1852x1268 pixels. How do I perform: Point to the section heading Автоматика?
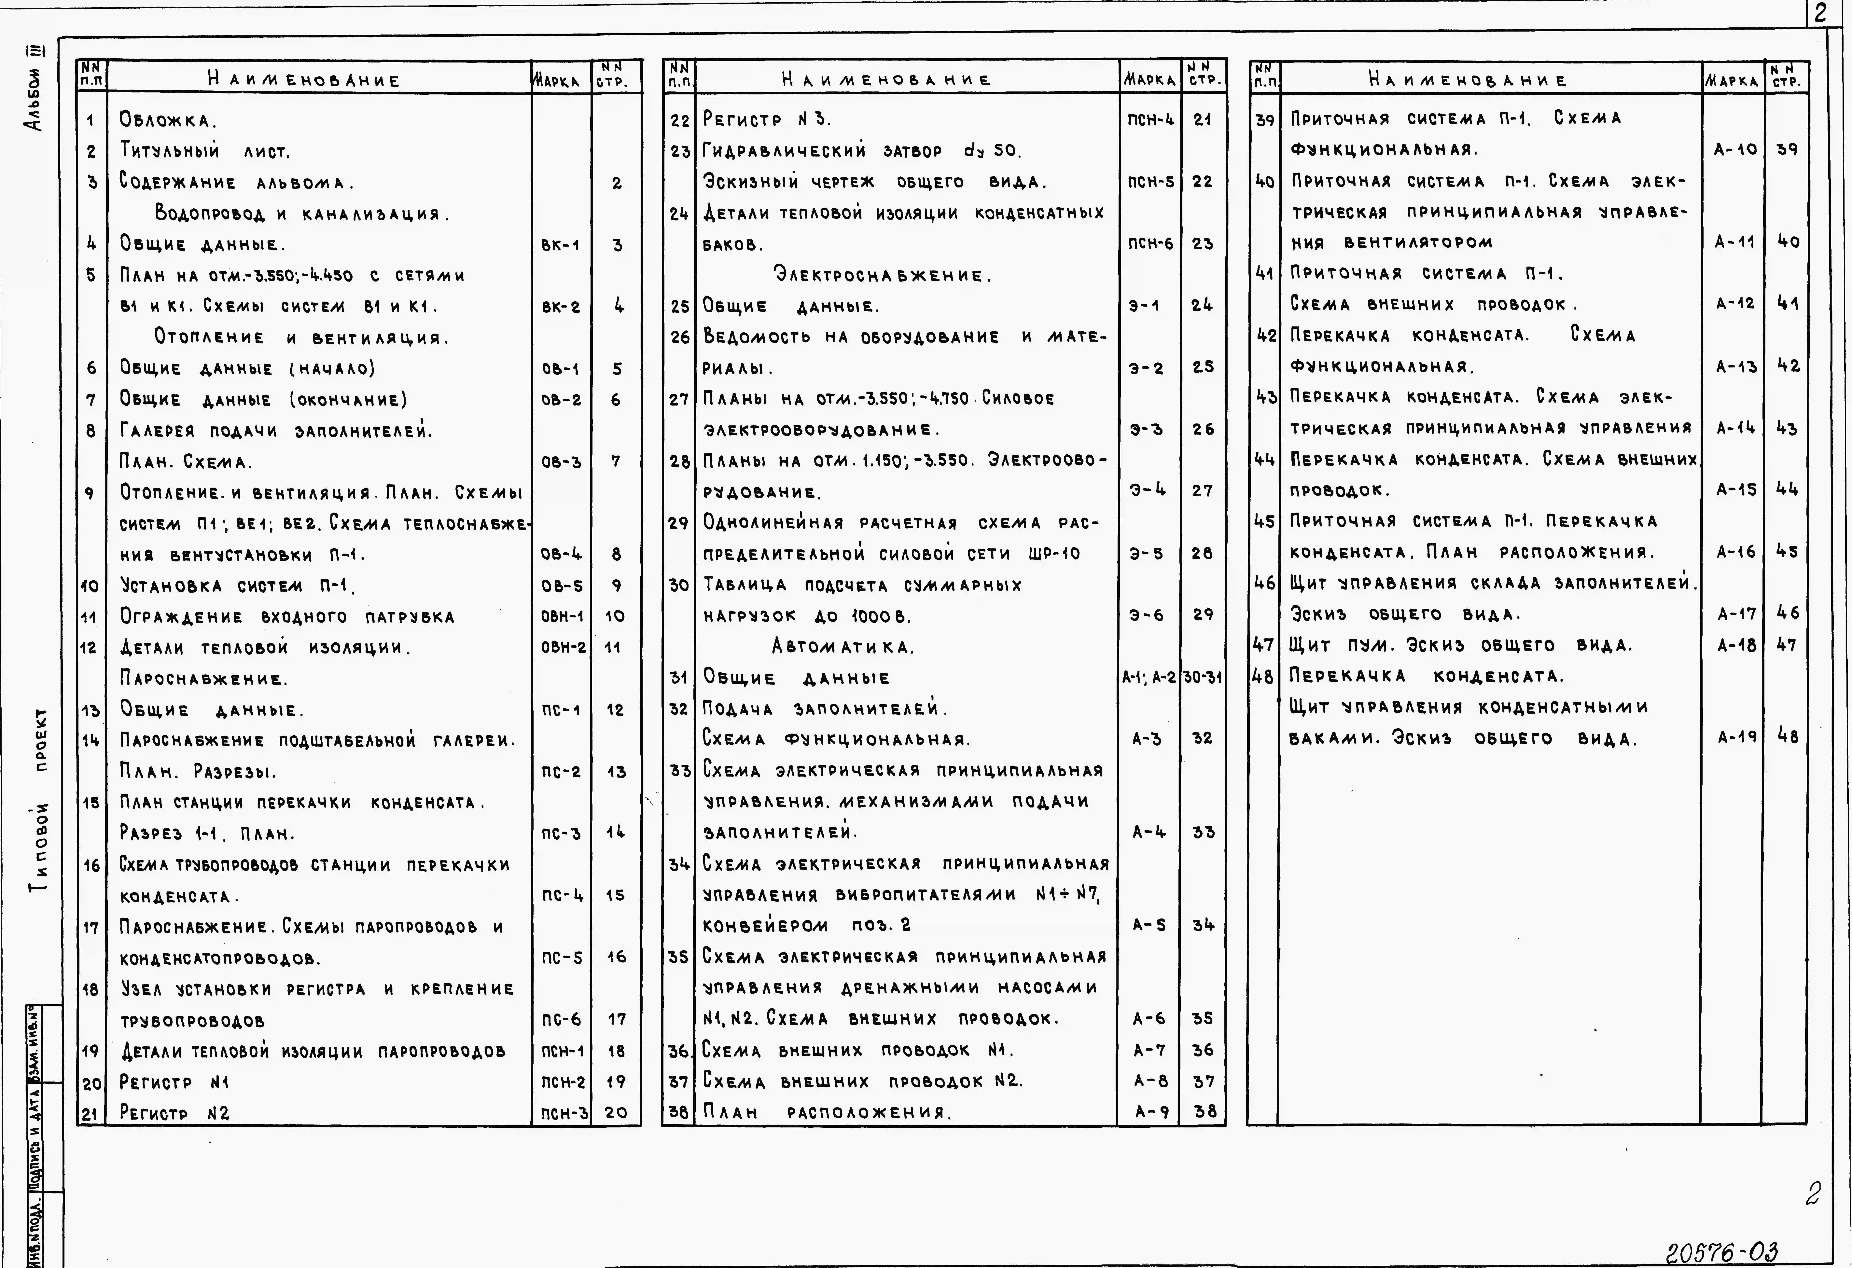[x=842, y=646]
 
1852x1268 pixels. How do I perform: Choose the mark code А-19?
[x=1735, y=737]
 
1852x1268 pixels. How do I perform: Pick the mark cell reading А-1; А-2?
[x=1148, y=677]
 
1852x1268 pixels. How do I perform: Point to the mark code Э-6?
[x=1146, y=615]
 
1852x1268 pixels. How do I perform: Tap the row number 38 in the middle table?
[x=678, y=1112]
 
